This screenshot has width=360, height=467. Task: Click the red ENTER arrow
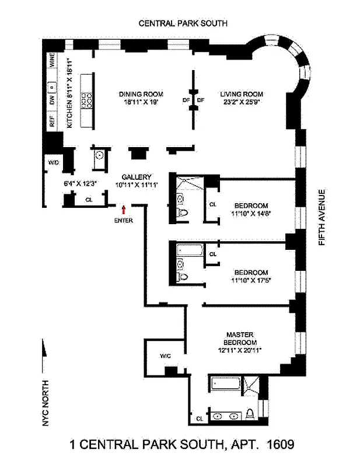123,209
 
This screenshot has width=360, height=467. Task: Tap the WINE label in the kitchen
52,61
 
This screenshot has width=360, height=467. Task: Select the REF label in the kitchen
52,121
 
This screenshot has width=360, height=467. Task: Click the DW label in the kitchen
52,102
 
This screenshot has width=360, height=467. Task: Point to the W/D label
53,162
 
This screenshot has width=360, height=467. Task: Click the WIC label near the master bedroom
165,356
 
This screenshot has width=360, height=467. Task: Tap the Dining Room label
141,94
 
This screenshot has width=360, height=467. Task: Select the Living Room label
242,94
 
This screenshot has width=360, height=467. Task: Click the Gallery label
137,177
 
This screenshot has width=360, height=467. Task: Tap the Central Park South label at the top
182,23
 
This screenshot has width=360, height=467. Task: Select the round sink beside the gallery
99,156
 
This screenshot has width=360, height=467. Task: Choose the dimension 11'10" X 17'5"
251,281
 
